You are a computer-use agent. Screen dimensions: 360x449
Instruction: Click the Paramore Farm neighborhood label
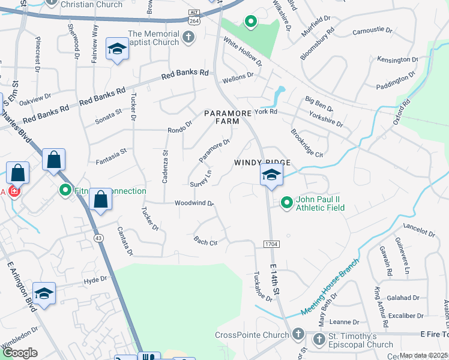tap(221, 116)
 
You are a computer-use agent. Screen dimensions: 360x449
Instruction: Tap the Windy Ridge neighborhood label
tap(262, 163)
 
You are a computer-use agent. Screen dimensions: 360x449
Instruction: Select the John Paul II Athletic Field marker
tap(287, 203)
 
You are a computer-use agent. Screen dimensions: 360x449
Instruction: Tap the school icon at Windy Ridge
tap(271, 176)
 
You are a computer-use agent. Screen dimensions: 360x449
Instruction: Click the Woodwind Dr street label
tap(194, 203)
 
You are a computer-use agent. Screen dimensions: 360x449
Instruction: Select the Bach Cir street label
tap(205, 242)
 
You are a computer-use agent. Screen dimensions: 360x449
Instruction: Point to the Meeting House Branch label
tap(330, 289)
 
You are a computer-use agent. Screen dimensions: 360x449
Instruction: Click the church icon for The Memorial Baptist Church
tap(188, 38)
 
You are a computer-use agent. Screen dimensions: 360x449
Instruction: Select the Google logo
tap(20, 352)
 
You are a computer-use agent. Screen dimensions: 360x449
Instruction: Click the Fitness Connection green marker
tap(66, 191)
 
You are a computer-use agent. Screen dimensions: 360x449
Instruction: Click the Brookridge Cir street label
tap(306, 143)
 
